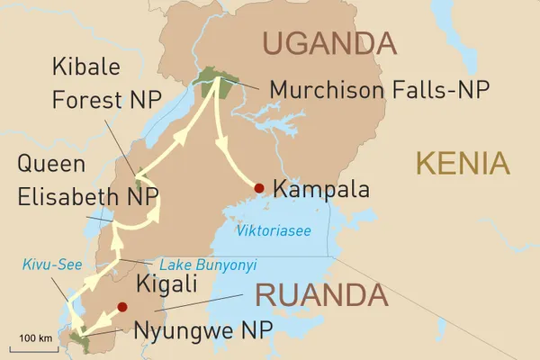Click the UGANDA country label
click(x=328, y=42)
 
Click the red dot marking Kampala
click(x=259, y=188)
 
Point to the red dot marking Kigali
click(x=122, y=306)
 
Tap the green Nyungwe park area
click(x=79, y=340)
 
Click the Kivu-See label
click(x=44, y=264)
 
